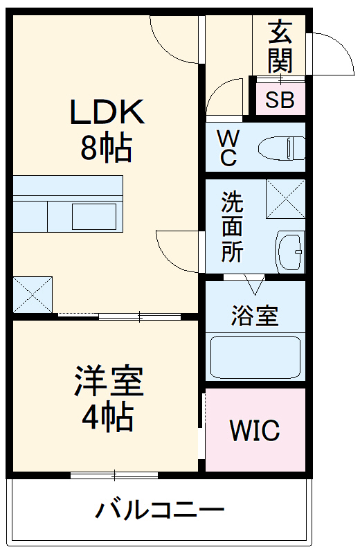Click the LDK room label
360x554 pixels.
click(107, 113)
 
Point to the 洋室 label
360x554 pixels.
click(109, 382)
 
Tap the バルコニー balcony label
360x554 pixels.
click(160, 512)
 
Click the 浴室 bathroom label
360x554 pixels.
click(254, 316)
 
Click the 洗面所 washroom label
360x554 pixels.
click(232, 227)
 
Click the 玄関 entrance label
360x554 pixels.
click(280, 47)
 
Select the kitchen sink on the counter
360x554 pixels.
click(94, 217)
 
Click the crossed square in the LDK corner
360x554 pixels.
click(33, 294)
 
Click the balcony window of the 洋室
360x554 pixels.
click(114, 475)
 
